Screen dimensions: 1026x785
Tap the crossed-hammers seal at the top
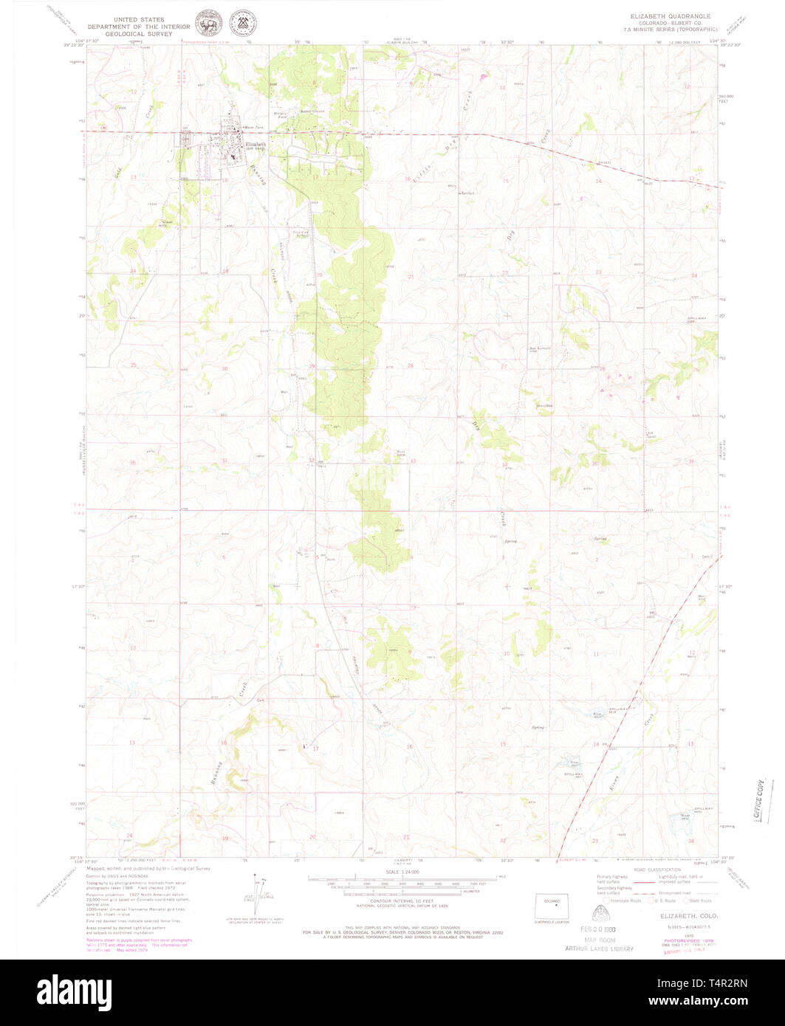[x=239, y=24]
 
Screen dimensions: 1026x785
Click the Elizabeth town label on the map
[x=256, y=143]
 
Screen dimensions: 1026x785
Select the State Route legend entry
[x=697, y=901]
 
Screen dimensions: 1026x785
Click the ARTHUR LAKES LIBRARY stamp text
[x=600, y=948]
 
